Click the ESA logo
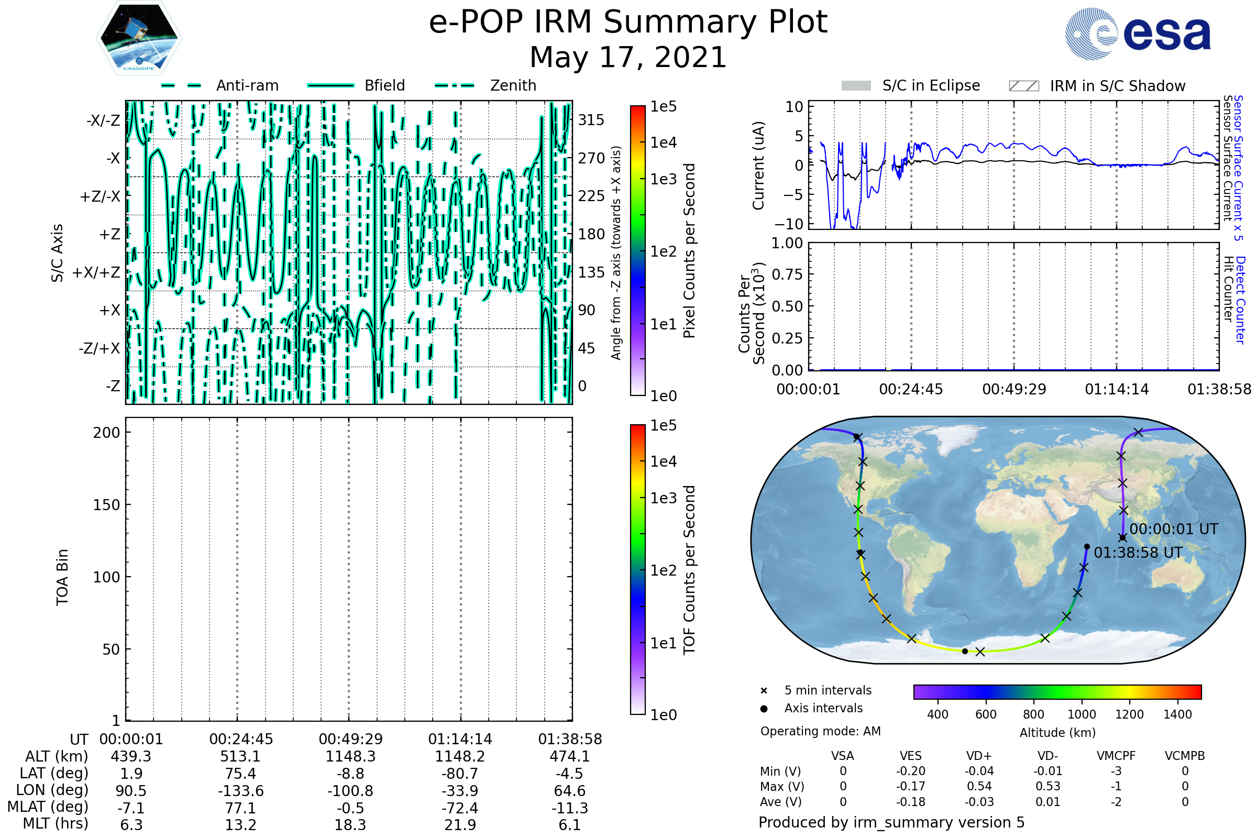click(1138, 33)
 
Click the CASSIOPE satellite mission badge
click(139, 38)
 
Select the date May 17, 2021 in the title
click(628, 57)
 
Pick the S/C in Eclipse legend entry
click(911, 85)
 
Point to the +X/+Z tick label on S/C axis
click(96, 272)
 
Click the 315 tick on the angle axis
click(591, 120)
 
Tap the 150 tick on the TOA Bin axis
click(106, 505)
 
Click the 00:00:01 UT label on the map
click(1174, 529)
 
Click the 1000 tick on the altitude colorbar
click(1082, 714)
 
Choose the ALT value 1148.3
click(350, 756)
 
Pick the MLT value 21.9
click(460, 824)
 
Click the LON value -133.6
click(240, 790)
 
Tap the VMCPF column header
click(1116, 756)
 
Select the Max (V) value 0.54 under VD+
click(979, 786)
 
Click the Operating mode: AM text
click(820, 731)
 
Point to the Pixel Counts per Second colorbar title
click(689, 251)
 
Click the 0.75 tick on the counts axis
click(787, 274)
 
